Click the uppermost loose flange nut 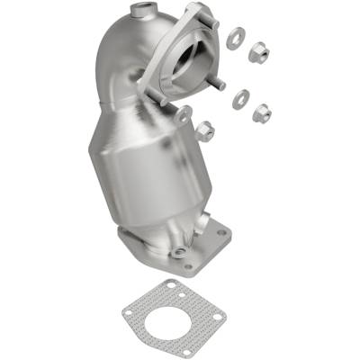[257, 53]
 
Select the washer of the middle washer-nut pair [239, 98]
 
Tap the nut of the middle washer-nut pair [261, 113]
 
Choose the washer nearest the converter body [184, 113]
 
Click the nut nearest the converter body [203, 130]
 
